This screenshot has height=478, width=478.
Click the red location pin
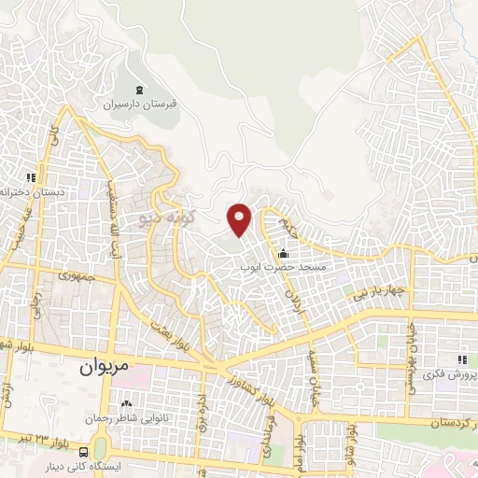click(x=240, y=218)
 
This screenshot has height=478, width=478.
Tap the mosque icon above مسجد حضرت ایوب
click(x=284, y=253)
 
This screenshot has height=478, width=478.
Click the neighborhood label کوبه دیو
click(x=164, y=217)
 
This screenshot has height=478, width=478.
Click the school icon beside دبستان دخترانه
click(x=31, y=177)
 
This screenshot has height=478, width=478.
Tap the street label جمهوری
click(x=77, y=275)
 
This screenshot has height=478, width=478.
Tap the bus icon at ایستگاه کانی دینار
click(x=85, y=454)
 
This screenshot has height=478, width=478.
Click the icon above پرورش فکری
click(x=459, y=359)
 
